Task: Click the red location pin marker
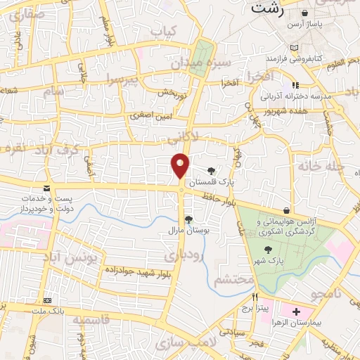point(180,166)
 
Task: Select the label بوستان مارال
point(185,230)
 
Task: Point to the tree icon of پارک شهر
point(267,249)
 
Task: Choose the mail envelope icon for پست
point(47,188)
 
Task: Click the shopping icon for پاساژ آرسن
point(304,13)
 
